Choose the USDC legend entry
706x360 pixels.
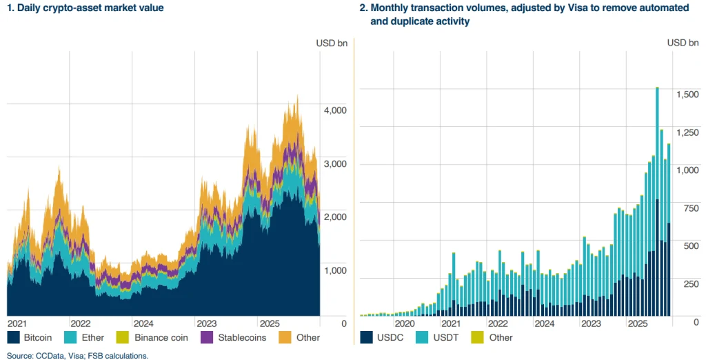(386, 338)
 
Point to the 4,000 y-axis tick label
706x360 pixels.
(334, 110)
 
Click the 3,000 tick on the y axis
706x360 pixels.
(334, 164)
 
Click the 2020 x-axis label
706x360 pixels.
(404, 323)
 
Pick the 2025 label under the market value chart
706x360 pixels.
(270, 323)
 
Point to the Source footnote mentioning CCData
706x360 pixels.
(74, 355)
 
